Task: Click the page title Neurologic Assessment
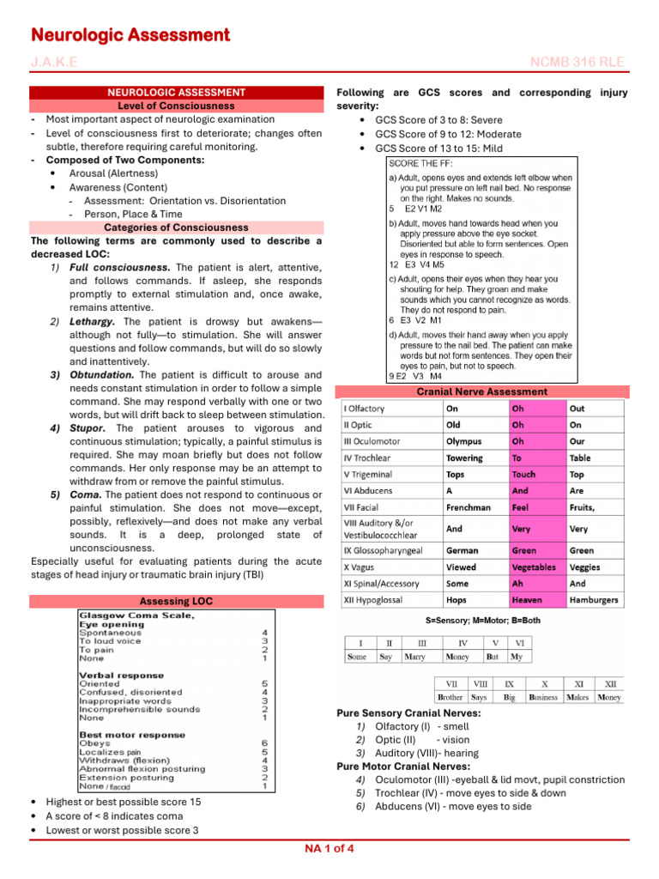tap(130, 35)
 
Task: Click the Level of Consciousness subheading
tap(176, 106)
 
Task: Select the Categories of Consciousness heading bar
tap(176, 227)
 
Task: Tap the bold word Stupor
tap(88, 428)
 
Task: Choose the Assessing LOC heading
tap(176, 601)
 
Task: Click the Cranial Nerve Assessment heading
tap(481, 391)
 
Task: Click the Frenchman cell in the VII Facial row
tap(469, 507)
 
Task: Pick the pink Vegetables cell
tap(534, 567)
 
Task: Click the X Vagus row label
tap(360, 567)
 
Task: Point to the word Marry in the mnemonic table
tap(416, 657)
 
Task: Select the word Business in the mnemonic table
tap(542, 698)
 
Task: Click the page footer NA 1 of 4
tap(329, 849)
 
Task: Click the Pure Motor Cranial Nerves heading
tap(403, 766)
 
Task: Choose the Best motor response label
tap(132, 735)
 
